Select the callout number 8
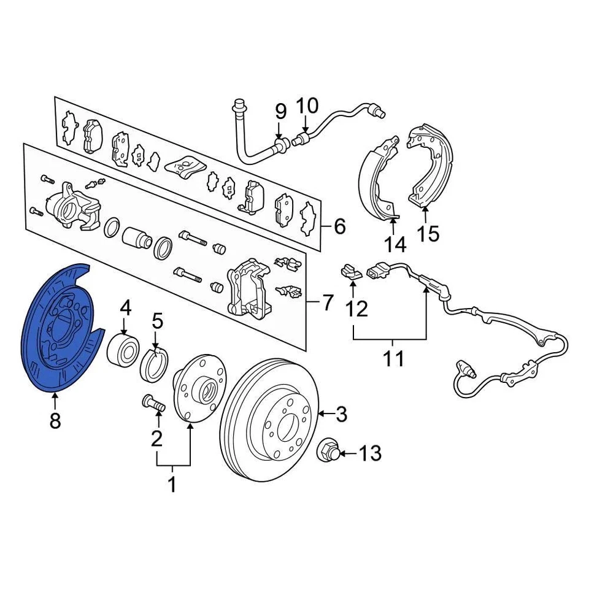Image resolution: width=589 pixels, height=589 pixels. pos(55,422)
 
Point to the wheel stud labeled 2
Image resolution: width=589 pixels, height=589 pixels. pos(153,404)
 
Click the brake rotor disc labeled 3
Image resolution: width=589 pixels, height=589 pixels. pos(270,417)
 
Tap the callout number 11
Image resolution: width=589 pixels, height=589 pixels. pos(393,358)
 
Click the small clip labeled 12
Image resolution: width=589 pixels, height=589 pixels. pos(350,271)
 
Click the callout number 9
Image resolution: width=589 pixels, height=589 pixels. pos(280,112)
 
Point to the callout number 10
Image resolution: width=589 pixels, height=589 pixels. pos(307,106)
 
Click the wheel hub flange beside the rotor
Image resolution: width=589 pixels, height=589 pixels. pos(196,393)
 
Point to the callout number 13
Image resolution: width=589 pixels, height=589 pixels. pos(370,454)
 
